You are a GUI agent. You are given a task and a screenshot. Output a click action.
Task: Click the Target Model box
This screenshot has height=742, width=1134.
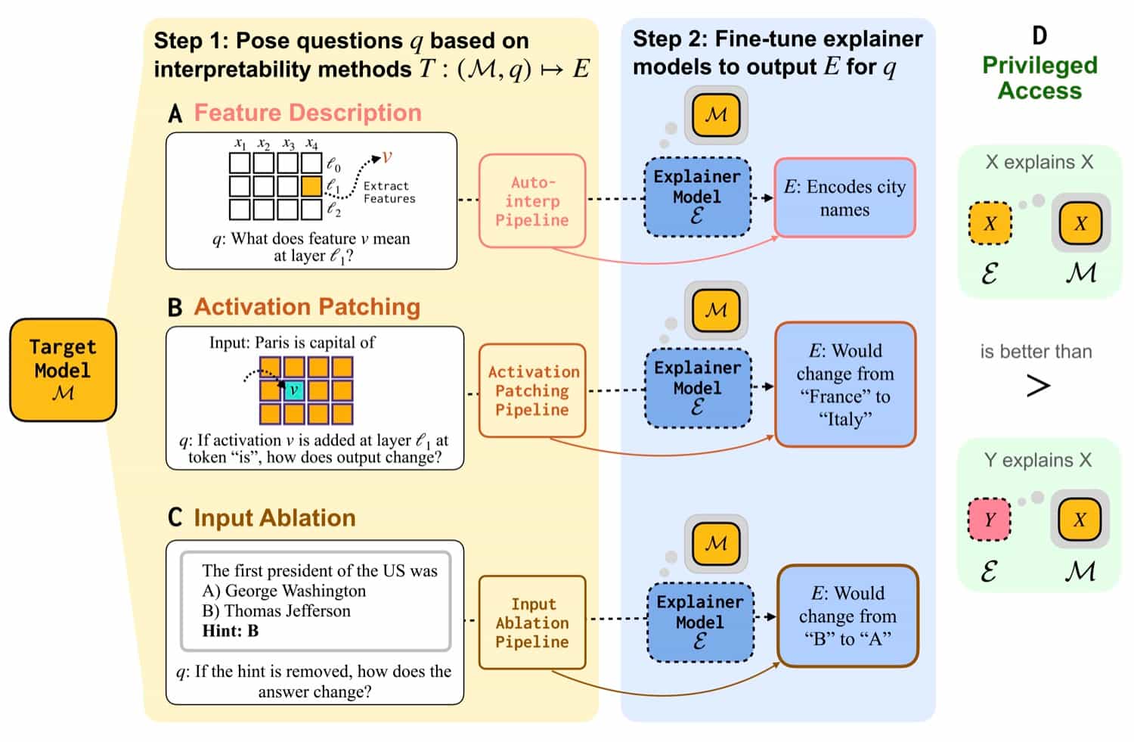coord(63,370)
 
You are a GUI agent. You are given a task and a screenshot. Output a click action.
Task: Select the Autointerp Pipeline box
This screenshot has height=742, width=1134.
coord(532,201)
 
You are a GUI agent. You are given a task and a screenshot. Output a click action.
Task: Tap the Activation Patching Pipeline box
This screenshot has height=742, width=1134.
coord(532,390)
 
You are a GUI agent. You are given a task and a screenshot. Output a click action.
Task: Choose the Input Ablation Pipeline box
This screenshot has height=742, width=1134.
coord(532,622)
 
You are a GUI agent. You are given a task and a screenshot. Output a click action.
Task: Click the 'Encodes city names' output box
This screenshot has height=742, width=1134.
coord(844,198)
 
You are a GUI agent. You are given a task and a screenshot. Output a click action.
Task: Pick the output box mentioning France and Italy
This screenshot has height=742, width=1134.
coord(844,384)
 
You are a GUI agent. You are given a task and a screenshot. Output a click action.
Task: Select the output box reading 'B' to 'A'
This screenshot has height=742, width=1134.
coord(847,616)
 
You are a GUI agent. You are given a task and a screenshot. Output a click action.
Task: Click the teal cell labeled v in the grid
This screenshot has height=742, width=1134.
coord(294,390)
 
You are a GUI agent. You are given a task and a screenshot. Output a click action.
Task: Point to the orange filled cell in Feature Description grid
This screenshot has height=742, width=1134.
coord(311,186)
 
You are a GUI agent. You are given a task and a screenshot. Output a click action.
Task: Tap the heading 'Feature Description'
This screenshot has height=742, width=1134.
coord(308,113)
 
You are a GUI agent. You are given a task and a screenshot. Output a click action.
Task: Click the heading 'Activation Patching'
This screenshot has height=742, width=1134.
coord(307,306)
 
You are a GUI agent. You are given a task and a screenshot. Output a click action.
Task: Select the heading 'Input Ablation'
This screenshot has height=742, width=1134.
coord(274,517)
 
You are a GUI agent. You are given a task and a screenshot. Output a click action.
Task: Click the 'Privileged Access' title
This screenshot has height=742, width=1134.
coord(1039,78)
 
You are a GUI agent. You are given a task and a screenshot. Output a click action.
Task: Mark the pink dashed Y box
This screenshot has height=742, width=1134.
coord(990,520)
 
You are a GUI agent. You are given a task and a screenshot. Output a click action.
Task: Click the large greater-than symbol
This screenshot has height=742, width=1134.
coord(1038,386)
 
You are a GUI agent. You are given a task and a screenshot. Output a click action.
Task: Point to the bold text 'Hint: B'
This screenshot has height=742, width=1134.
coord(231,631)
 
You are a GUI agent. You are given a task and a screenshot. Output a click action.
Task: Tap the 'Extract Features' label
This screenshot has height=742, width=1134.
coord(389,192)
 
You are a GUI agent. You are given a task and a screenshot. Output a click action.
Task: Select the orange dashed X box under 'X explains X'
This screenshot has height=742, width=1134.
coord(990,223)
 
